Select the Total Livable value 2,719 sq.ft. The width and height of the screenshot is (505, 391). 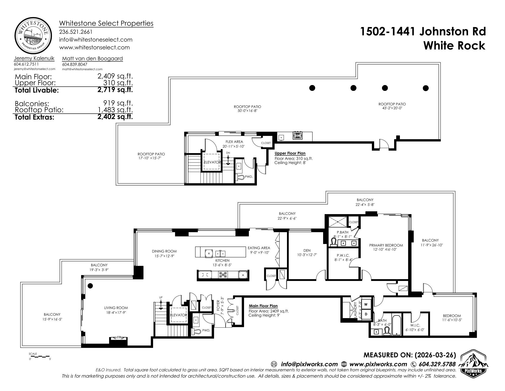point(115,90)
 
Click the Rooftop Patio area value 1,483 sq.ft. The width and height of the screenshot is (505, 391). point(115,110)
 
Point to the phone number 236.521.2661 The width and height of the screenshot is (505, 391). point(76,32)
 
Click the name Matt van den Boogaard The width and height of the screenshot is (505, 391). point(92,58)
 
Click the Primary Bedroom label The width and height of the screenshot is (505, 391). point(386,245)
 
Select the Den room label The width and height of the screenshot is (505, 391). point(307,251)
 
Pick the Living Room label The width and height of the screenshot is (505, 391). point(116,308)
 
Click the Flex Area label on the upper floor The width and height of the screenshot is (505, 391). point(234,142)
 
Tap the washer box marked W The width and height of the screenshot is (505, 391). point(366,304)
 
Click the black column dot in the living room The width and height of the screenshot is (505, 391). point(90,286)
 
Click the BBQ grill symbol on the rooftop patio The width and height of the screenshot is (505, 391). point(297,136)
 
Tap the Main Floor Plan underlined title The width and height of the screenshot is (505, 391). point(263,306)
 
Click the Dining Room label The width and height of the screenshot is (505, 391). point(164,251)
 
